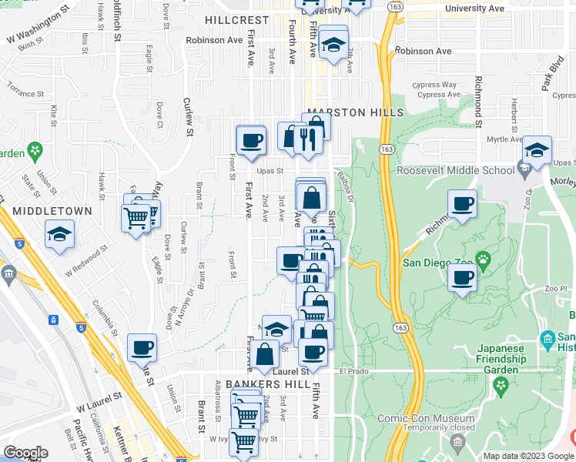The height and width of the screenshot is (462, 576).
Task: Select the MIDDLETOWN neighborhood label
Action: [52, 210]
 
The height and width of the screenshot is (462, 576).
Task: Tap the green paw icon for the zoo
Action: [483, 258]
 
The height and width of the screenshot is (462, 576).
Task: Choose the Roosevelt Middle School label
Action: [455, 171]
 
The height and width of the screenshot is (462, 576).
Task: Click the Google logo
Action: [25, 453]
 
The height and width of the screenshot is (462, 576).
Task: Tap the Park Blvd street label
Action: [557, 78]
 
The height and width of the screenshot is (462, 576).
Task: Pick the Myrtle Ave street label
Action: [504, 139]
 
